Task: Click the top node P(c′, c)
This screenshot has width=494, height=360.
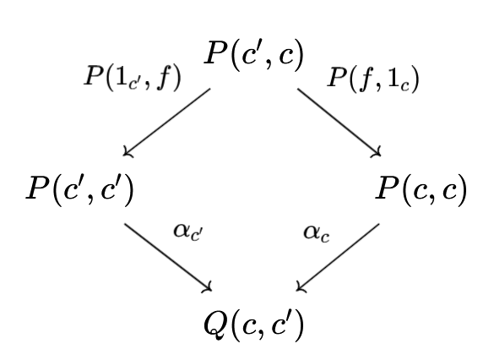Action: [x=254, y=54]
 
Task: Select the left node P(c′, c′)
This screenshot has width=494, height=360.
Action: [x=80, y=191]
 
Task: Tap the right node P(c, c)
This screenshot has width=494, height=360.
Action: [x=421, y=191]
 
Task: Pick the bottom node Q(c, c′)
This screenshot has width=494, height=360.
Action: [x=254, y=325]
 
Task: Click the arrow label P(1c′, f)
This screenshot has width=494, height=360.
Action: [x=133, y=77]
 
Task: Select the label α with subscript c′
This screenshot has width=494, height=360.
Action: [x=188, y=232]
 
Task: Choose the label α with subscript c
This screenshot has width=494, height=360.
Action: [x=317, y=233]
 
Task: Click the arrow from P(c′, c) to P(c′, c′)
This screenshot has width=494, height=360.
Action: [x=166, y=122]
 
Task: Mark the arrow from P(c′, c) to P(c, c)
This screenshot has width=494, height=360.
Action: [x=339, y=123]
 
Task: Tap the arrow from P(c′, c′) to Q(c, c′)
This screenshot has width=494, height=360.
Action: [x=168, y=258]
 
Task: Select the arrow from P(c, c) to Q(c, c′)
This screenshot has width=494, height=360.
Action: [x=338, y=258]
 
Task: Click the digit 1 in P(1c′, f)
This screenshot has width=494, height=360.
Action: [x=122, y=76]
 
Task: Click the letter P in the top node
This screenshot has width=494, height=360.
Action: [x=217, y=53]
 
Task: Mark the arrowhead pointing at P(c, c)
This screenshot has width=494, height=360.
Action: [x=377, y=152]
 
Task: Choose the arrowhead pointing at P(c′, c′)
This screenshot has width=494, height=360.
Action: [x=128, y=152]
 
